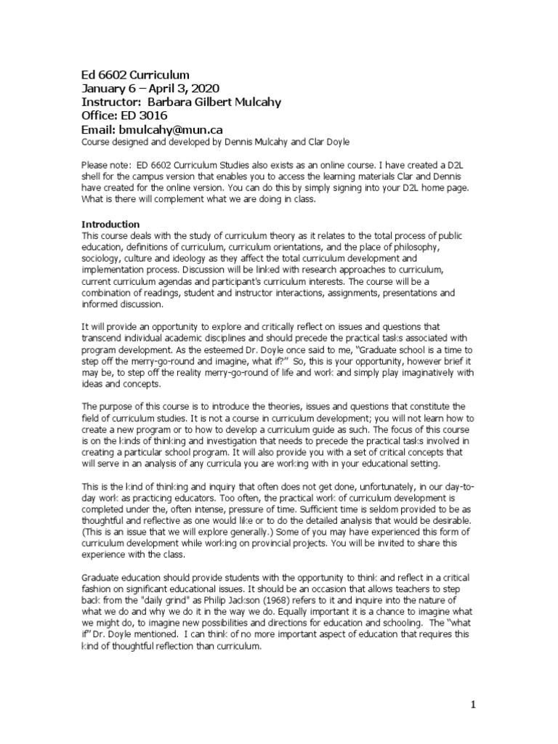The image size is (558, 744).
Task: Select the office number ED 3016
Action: [143, 116]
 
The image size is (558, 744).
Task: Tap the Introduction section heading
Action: [110, 225]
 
